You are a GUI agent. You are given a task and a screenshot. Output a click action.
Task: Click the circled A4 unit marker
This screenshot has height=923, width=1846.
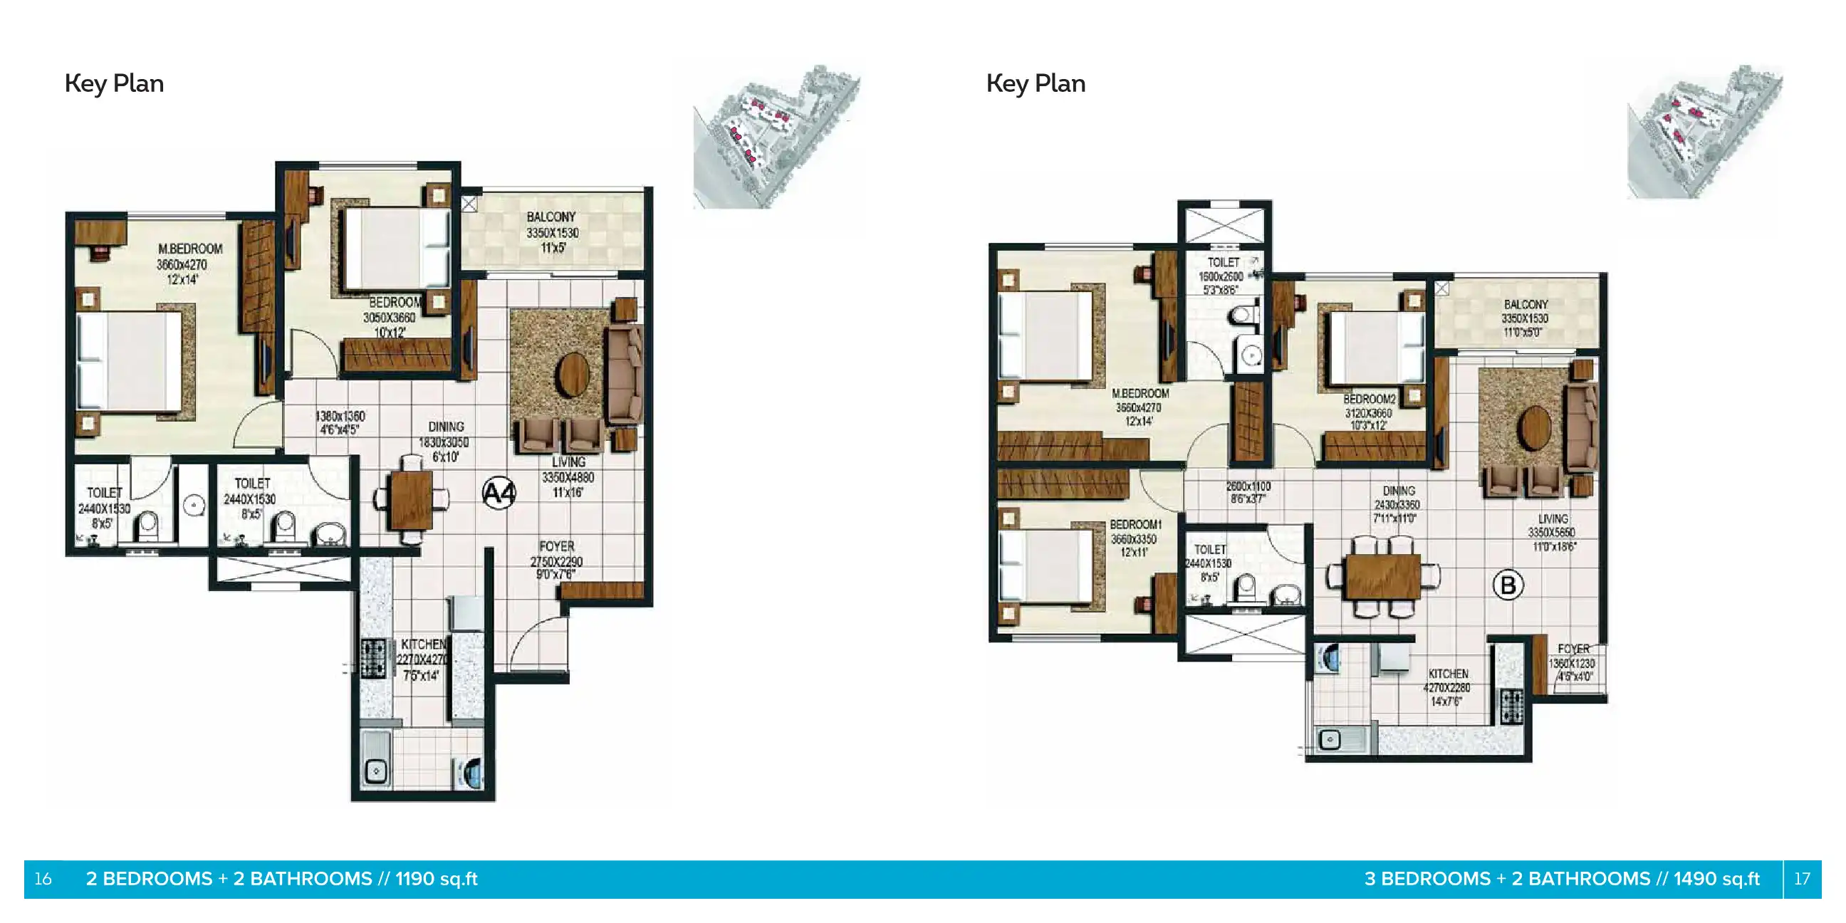(x=499, y=493)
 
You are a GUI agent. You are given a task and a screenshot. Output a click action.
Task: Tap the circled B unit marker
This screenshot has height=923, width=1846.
(x=1508, y=585)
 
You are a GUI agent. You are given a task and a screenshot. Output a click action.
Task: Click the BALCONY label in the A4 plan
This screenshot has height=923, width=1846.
(x=551, y=217)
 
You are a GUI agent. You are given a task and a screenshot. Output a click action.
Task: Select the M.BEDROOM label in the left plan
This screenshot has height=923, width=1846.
(x=190, y=249)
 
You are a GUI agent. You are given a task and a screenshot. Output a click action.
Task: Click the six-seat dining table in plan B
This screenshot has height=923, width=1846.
(x=1382, y=576)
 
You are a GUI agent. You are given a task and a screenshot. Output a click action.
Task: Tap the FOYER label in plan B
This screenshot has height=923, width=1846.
(x=1573, y=649)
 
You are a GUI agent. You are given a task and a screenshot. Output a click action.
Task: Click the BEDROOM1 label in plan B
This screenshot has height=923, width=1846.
(x=1135, y=525)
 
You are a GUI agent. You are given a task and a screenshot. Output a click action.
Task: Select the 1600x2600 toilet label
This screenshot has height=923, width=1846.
(x=1221, y=276)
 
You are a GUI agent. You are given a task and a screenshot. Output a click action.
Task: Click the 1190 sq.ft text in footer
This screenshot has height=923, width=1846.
(x=436, y=879)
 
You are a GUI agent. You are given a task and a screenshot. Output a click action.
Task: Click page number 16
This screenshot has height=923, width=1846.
(x=43, y=879)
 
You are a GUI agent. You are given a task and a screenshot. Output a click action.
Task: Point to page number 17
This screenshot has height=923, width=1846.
(x=1802, y=879)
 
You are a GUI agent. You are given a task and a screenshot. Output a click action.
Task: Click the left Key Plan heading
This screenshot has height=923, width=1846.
(x=114, y=83)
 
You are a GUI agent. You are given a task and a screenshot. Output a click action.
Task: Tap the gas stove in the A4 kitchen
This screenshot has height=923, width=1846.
(x=372, y=658)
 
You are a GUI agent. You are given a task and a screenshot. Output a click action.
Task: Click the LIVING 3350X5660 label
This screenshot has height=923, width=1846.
(x=1551, y=533)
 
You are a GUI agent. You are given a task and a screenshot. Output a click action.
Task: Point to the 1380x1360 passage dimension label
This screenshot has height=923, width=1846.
(x=340, y=423)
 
